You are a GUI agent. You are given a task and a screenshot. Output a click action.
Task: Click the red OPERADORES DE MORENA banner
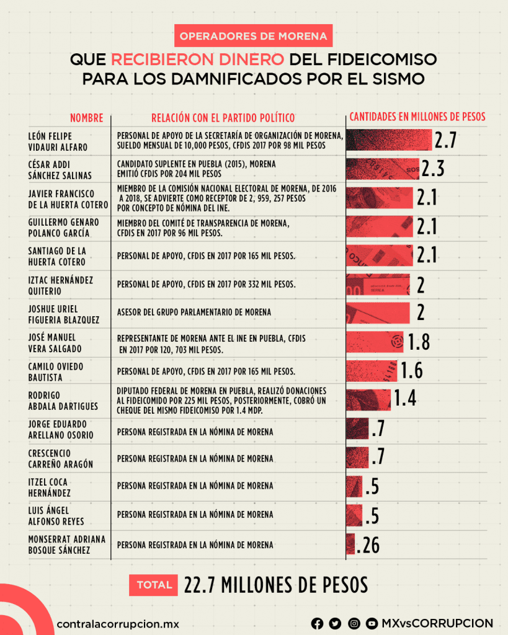[253, 36]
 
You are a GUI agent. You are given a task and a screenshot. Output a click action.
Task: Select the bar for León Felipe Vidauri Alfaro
[389, 140]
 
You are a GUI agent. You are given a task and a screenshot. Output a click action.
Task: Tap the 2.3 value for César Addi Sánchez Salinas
[432, 168]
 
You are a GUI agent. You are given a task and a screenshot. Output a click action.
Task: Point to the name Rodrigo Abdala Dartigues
[63, 400]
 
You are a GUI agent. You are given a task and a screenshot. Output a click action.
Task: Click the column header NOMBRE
[86, 117]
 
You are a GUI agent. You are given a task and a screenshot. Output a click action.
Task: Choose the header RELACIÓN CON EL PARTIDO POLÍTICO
[223, 117]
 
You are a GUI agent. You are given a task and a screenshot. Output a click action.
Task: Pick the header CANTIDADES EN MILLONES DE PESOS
[417, 117]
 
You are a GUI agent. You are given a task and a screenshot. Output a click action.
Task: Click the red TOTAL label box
[154, 584]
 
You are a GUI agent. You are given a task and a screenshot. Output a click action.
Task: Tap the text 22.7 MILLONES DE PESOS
[276, 584]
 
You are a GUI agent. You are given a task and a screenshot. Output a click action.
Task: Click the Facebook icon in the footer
[317, 623]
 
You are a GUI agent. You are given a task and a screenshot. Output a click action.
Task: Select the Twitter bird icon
[335, 623]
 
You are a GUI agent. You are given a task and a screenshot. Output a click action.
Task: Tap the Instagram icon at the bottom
[354, 623]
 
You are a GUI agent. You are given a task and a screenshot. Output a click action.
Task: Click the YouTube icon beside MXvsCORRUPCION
[372, 623]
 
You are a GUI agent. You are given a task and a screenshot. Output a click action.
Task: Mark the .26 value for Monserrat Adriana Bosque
[367, 545]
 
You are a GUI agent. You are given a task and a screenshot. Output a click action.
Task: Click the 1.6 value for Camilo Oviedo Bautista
[411, 370]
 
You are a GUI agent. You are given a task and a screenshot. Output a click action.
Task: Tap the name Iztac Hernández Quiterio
[61, 285]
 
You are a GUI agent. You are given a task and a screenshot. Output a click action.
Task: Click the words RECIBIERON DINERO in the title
[198, 60]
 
